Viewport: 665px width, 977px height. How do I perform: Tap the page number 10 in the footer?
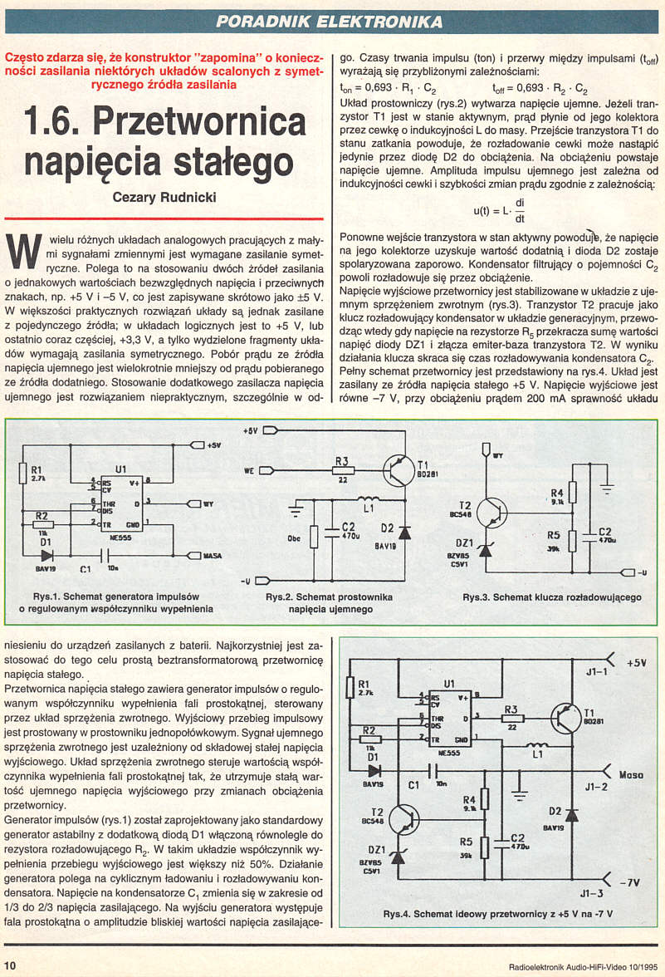[x=11, y=965]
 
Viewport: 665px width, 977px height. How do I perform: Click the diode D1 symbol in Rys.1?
[x=46, y=555]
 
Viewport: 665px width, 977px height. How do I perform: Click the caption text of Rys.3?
[x=551, y=597]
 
